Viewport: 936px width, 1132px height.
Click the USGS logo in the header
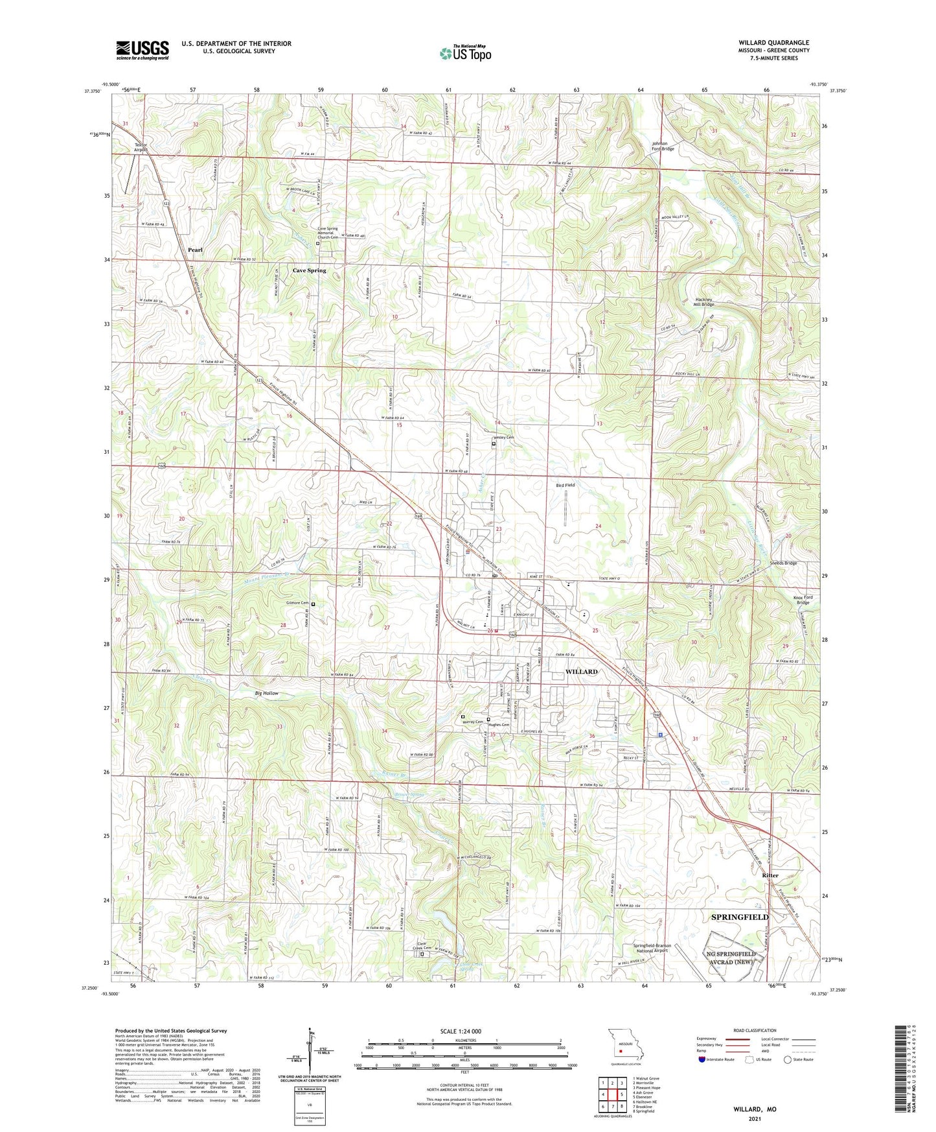(x=143, y=50)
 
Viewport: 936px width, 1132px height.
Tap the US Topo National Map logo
(x=465, y=53)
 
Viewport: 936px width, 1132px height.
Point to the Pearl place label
(x=195, y=250)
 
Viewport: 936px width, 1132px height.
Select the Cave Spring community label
(x=309, y=270)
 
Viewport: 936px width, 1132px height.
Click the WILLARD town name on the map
(x=581, y=672)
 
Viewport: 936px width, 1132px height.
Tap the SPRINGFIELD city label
(x=740, y=917)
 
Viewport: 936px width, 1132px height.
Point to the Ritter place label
(x=770, y=875)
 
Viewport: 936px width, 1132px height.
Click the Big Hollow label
(x=266, y=694)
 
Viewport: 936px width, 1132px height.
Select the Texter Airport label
(x=141, y=147)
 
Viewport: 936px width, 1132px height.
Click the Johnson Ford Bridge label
(x=663, y=146)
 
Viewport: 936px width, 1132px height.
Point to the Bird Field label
(x=565, y=485)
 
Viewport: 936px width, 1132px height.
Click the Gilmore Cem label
(x=297, y=603)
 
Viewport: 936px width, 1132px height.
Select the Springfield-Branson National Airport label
(x=652, y=949)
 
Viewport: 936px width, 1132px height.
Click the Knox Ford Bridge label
(x=803, y=600)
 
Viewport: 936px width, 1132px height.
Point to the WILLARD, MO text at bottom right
(x=755, y=1109)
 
